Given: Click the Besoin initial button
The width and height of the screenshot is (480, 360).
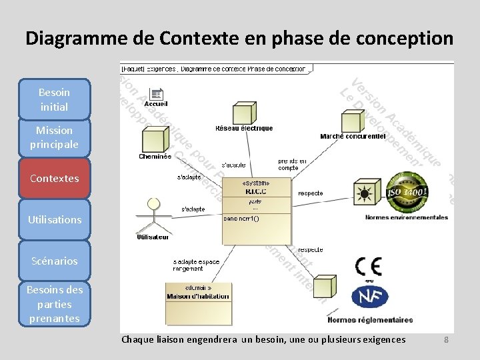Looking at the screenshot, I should [54, 99].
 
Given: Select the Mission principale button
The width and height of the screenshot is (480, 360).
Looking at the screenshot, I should [54, 137].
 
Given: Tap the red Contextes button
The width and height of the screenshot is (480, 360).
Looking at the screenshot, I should [54, 178].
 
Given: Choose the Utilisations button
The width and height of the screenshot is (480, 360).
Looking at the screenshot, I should [54, 219].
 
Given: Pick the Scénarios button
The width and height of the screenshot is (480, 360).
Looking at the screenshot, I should [54, 261].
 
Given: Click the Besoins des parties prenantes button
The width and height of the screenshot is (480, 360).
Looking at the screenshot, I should [54, 303].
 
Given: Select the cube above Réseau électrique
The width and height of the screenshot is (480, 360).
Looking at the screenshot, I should [243, 113].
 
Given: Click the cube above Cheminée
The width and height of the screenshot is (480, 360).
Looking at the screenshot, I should [155, 139].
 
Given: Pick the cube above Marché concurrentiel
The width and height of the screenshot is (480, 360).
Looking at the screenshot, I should [353, 120].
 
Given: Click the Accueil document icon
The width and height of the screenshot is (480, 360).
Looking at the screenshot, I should [156, 95].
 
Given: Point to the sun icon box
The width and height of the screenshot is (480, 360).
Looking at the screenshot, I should [365, 193].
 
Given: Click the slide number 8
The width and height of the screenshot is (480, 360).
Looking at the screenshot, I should [447, 340].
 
